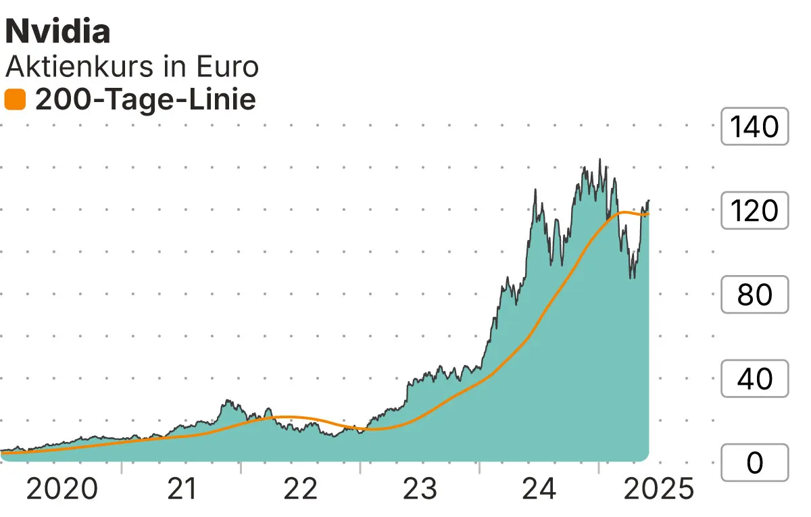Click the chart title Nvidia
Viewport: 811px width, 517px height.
point(58,32)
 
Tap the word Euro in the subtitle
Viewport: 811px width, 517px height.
point(227,67)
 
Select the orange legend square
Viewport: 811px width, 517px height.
point(15,101)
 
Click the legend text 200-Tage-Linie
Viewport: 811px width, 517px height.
point(145,100)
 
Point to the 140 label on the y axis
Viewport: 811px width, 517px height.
point(754,126)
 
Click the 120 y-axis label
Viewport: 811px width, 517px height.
point(754,211)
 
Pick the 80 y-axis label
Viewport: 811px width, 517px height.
point(754,295)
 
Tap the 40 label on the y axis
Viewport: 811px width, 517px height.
point(754,379)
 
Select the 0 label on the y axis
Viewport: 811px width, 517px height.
point(754,463)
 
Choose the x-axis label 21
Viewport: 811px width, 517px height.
point(181,489)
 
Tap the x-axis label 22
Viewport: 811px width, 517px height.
point(300,489)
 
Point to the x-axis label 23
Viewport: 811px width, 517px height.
point(420,489)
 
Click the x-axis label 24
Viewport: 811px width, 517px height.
point(539,489)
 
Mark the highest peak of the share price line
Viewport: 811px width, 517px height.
point(599,159)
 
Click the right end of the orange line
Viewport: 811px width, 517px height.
point(648,215)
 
